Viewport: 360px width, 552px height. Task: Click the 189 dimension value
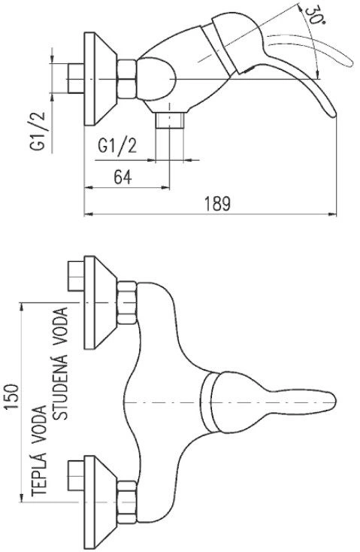click(x=218, y=204)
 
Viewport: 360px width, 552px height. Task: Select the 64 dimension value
click(x=123, y=177)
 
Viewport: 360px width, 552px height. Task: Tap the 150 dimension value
click(x=11, y=397)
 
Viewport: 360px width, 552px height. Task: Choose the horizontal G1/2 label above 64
click(x=117, y=145)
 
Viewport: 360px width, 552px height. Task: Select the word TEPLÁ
click(x=39, y=475)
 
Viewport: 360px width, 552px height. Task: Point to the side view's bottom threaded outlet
click(x=170, y=120)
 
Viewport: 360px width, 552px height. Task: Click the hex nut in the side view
click(x=126, y=79)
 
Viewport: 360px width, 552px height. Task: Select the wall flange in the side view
click(x=100, y=78)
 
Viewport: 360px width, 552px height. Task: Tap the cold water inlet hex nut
click(x=127, y=302)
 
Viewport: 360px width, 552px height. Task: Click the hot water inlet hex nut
click(x=127, y=502)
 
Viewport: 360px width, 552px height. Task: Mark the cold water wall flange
click(x=100, y=302)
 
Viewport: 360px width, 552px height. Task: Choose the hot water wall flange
click(x=100, y=502)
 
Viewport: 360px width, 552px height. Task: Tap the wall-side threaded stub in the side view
click(x=76, y=78)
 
